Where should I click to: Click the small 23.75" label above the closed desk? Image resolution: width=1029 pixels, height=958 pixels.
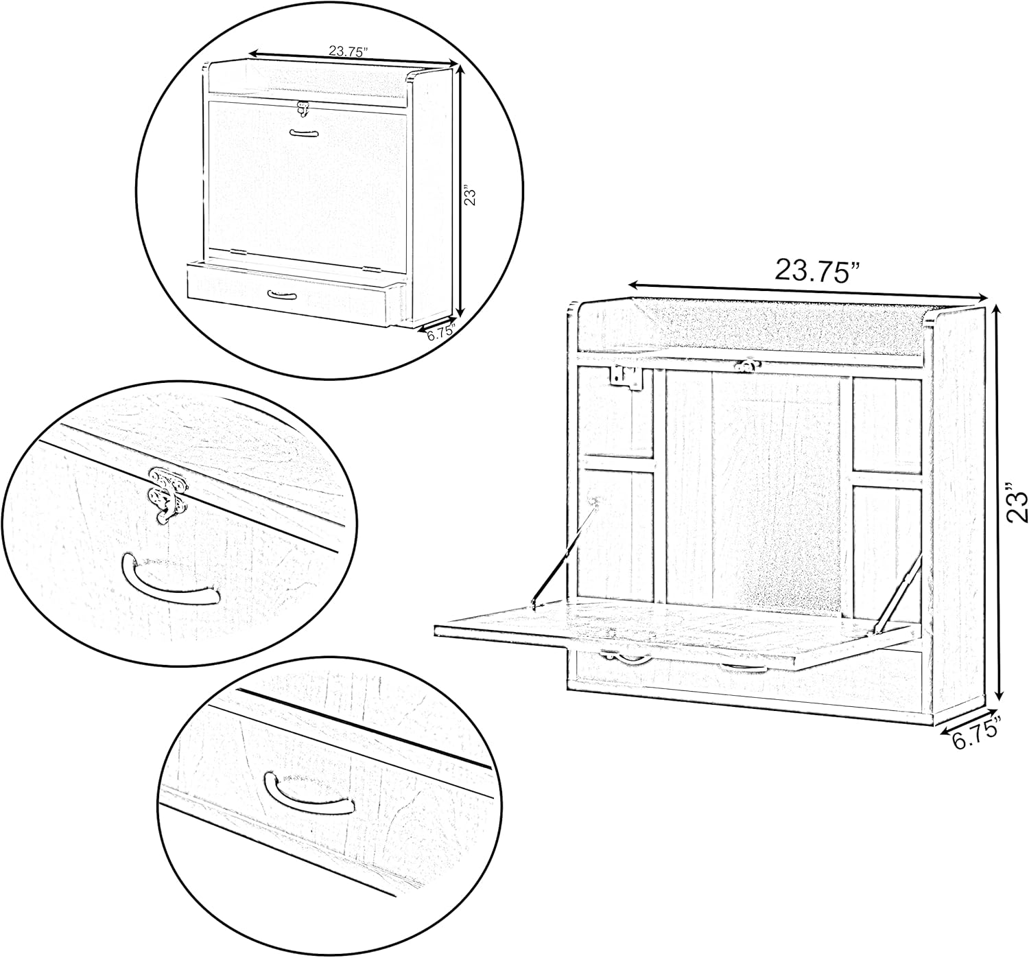point(348,51)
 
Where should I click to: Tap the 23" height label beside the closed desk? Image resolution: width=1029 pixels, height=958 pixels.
point(469,196)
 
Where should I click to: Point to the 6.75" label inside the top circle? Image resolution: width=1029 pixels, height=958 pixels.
point(441,331)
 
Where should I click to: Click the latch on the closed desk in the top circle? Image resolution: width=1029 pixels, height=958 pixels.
point(302,107)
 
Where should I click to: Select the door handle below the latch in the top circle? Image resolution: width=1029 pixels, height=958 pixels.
point(303,134)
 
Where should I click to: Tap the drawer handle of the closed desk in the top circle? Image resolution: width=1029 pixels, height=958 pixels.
point(282,294)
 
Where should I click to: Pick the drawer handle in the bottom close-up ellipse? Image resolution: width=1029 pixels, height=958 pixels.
point(308,794)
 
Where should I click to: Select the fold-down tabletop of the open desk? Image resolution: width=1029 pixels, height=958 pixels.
point(674,633)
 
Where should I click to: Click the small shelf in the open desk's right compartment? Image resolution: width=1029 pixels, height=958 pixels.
point(886,480)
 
